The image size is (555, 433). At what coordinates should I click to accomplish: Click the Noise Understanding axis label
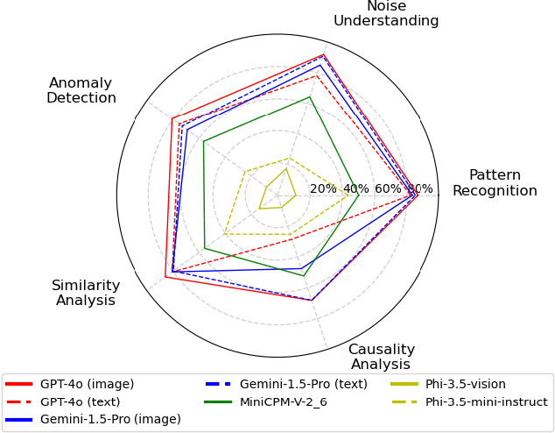(x=385, y=13)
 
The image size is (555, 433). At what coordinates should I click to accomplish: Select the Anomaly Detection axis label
(x=81, y=90)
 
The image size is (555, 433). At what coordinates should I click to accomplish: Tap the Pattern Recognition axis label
(x=495, y=182)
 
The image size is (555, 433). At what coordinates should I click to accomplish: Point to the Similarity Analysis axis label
(x=86, y=293)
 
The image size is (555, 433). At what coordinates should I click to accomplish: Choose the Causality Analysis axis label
(x=382, y=357)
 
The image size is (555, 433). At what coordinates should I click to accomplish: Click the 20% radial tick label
(x=323, y=188)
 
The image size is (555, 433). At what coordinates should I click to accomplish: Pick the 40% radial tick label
(x=355, y=188)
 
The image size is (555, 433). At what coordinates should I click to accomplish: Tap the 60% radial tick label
(x=388, y=188)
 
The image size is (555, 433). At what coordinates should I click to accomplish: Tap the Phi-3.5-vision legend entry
(x=465, y=384)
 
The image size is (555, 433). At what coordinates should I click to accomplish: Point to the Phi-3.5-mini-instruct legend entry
(x=486, y=401)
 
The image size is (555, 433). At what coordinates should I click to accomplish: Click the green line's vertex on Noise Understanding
(x=310, y=96)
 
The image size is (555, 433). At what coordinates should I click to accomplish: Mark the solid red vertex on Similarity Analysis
(x=165, y=278)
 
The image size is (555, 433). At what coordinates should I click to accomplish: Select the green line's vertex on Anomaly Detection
(x=203, y=142)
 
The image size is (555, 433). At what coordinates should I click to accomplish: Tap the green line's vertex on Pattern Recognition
(x=359, y=195)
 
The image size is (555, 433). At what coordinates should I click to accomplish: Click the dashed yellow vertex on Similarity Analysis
(x=225, y=234)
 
